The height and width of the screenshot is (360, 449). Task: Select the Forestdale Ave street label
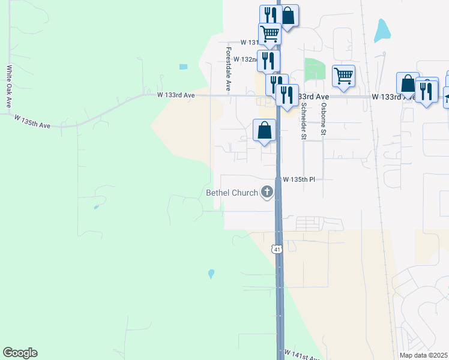[229, 68]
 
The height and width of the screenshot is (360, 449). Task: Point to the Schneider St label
[304, 121]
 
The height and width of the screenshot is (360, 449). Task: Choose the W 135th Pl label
[299, 179]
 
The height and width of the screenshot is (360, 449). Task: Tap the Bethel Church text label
[232, 193]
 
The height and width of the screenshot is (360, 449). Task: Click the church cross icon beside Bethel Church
[267, 193]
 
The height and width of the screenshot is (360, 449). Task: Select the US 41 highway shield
[276, 248]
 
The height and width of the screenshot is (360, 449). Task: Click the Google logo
[20, 353]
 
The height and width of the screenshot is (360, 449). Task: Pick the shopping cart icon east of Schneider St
[343, 76]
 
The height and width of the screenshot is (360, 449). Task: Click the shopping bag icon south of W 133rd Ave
[265, 130]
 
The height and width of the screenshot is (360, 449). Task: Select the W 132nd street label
[245, 59]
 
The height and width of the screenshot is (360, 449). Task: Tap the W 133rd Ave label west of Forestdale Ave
[176, 95]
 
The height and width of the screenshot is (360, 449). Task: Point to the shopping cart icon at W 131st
[270, 34]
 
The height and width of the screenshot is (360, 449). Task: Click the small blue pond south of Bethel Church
[211, 274]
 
